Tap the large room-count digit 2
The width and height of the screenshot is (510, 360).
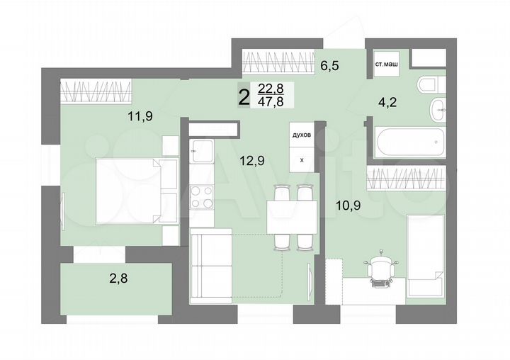pyautogui.click(x=244, y=96)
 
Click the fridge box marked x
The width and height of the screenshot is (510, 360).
pyautogui.click(x=302, y=160)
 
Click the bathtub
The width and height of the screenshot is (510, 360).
pyautogui.click(x=409, y=143)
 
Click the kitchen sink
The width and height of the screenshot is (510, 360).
pyautogui.click(x=202, y=152)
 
